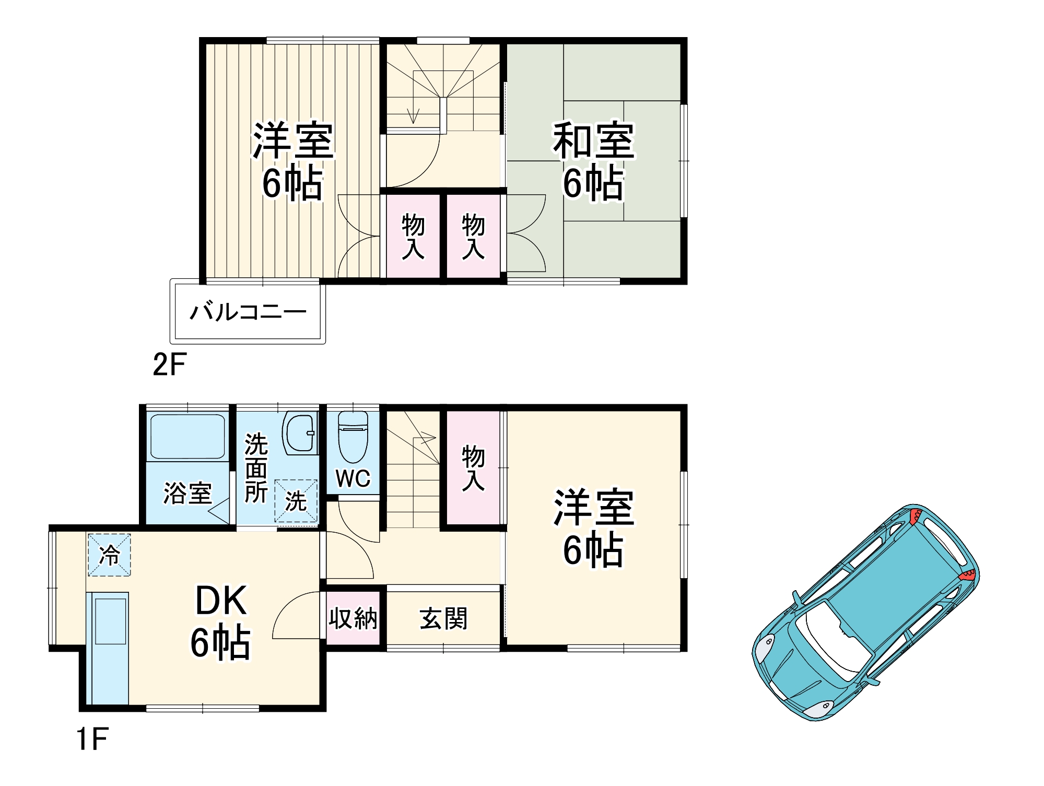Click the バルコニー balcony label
pos(248,312)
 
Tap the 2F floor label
pos(169,365)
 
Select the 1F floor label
pos(92,739)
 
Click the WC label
pos(353,478)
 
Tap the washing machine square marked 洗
pos(296,501)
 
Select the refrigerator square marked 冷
pos(109,555)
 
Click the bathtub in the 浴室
pos(187,436)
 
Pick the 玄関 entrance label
pos(443,619)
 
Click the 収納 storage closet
pos(353,618)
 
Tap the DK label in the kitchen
pos(221,601)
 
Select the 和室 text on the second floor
pos(594,141)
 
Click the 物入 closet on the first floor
pos(473,468)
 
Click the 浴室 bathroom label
pos(187,493)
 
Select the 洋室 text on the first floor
pos(594,508)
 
